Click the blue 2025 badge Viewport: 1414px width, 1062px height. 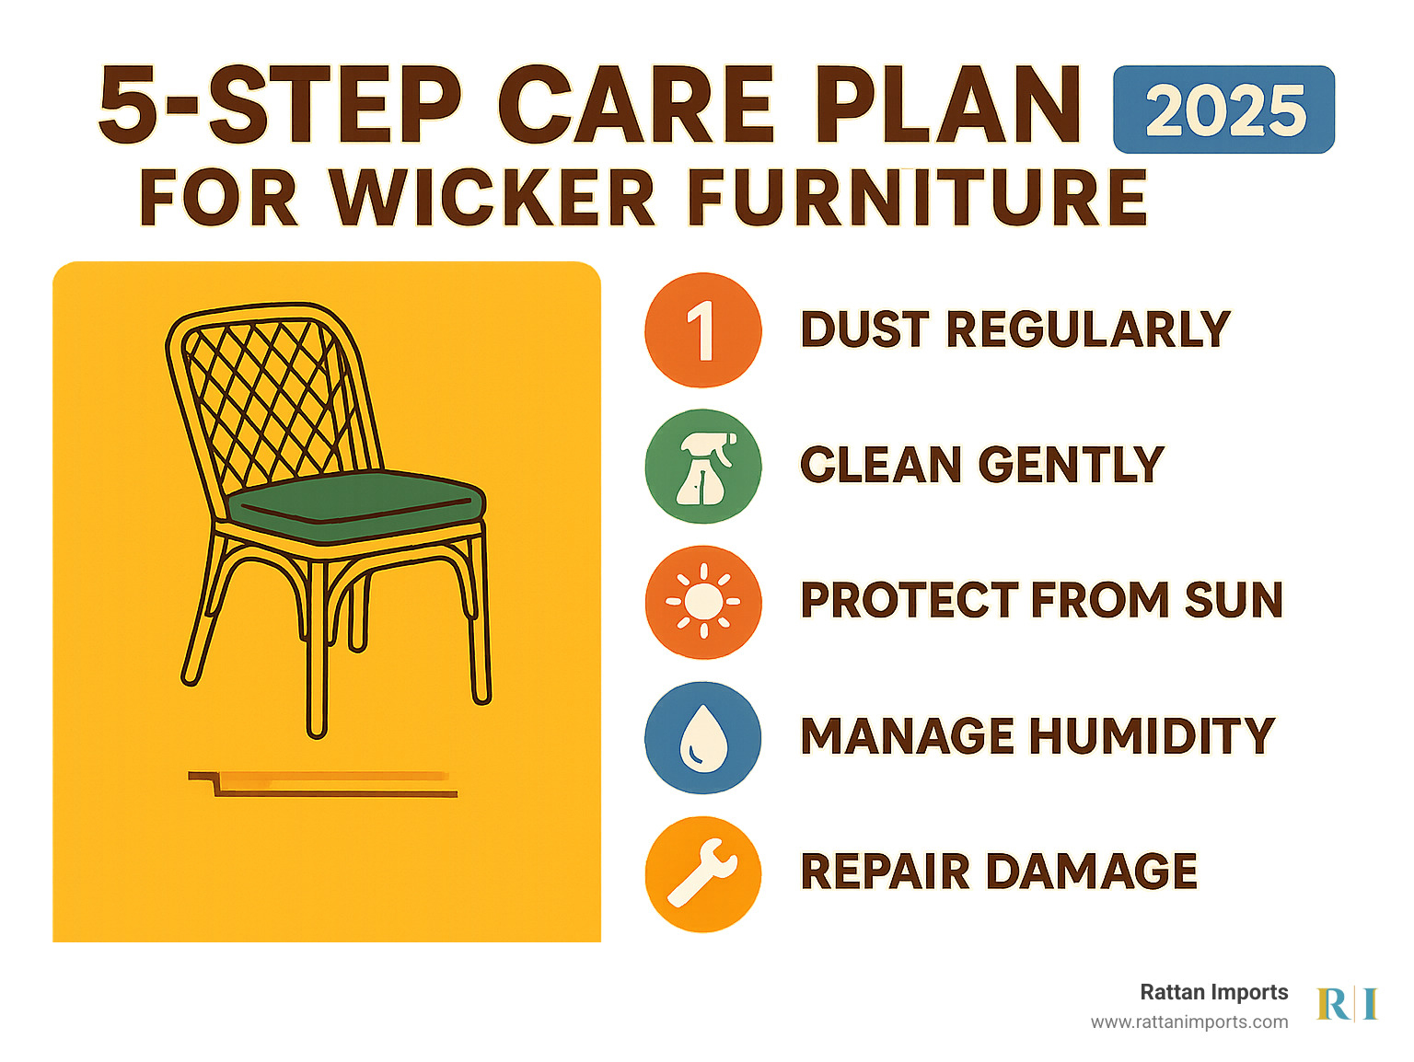(x=1223, y=110)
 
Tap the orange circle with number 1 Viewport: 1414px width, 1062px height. (x=702, y=330)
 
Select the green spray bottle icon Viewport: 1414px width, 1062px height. (x=702, y=467)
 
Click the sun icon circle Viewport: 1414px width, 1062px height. (x=702, y=602)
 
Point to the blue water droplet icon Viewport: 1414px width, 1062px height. (x=702, y=737)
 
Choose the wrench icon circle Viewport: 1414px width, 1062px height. (x=702, y=874)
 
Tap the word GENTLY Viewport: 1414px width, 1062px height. (x=1071, y=465)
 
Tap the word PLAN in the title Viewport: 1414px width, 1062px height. (x=948, y=104)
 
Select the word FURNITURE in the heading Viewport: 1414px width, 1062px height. (x=918, y=197)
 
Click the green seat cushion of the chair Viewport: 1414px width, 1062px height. (x=356, y=506)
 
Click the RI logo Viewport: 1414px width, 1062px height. (x=1347, y=1003)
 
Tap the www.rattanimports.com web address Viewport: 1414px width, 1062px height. (x=1189, y=1022)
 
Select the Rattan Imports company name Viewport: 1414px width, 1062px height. (x=1213, y=992)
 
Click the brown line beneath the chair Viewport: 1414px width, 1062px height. (x=335, y=794)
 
